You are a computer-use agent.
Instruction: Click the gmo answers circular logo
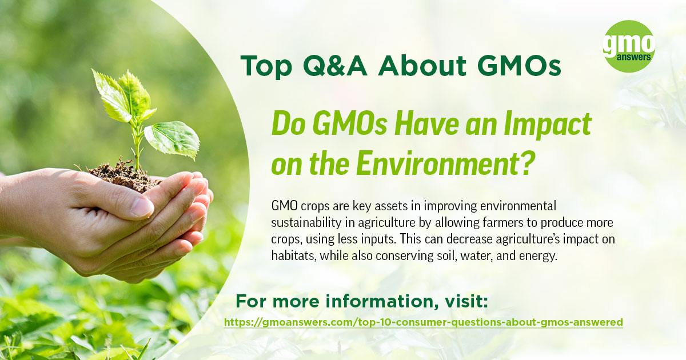tap(629, 46)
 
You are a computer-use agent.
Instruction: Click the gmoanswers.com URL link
tap(423, 322)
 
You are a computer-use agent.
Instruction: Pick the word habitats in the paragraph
tap(292, 255)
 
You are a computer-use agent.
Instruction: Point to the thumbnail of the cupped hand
tap(142, 206)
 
